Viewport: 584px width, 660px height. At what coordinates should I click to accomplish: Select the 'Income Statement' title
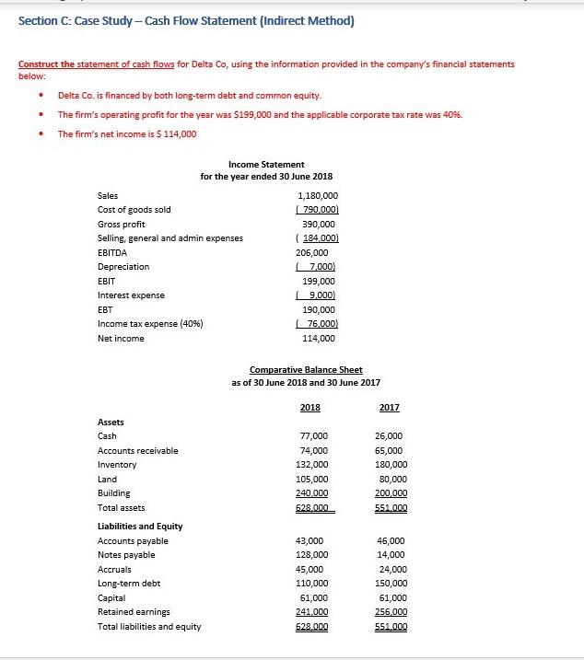pyautogui.click(x=266, y=164)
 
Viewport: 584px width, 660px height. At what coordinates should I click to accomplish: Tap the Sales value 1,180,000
pyautogui.click(x=319, y=195)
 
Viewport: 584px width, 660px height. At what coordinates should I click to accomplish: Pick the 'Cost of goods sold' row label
pyautogui.click(x=134, y=210)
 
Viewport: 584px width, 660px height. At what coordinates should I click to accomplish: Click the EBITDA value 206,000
pyautogui.click(x=316, y=252)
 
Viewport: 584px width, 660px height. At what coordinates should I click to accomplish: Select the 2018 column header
pyautogui.click(x=310, y=407)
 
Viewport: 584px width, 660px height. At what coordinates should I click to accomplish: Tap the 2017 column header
pyautogui.click(x=389, y=407)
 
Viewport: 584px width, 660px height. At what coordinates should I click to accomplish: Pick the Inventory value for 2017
pyautogui.click(x=391, y=465)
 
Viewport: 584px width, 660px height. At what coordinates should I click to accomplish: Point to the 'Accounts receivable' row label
pyautogui.click(x=138, y=450)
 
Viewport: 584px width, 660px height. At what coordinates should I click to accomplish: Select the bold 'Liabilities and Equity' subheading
pyautogui.click(x=140, y=526)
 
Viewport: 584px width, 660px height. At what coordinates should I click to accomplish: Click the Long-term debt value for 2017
pyautogui.click(x=391, y=584)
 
